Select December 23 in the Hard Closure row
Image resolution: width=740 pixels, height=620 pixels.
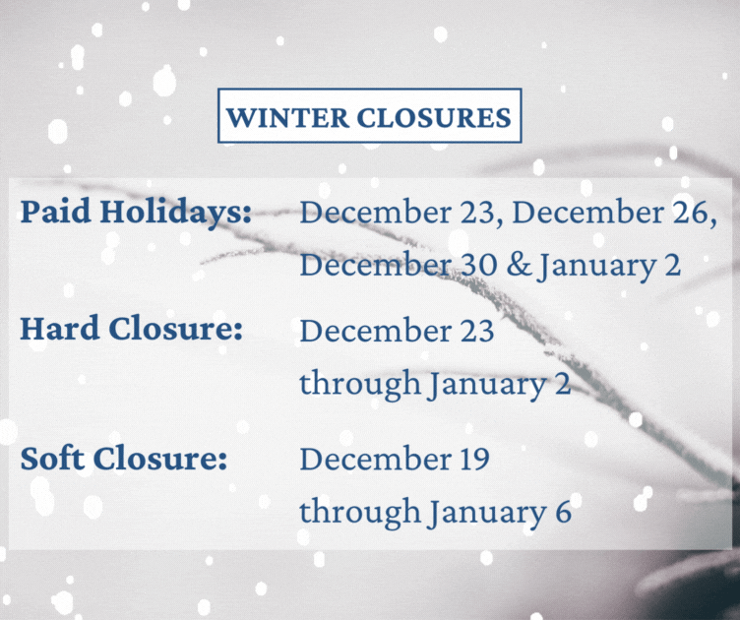point(397,330)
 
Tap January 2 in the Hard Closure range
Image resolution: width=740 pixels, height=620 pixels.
point(499,384)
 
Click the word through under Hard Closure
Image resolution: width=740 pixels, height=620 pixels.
point(360,384)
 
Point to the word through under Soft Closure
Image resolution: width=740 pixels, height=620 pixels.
point(360,513)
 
